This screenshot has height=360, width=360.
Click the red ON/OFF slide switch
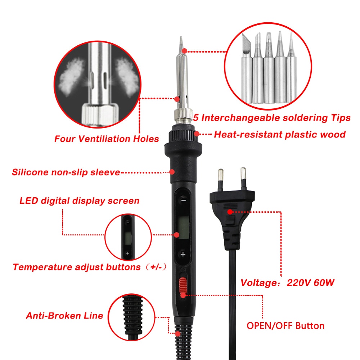(183, 285)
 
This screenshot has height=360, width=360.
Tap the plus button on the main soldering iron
(183, 254)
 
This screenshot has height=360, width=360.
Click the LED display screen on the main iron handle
(183, 227)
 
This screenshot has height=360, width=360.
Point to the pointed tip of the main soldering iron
(181, 37)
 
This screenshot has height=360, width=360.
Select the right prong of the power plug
(243, 179)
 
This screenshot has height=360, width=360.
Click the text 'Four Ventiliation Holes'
(107, 139)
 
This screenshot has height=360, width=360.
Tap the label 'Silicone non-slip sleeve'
(66, 172)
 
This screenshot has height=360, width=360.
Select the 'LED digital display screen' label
(80, 201)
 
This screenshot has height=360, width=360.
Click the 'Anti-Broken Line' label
(64, 316)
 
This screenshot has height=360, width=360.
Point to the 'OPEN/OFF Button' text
(285, 326)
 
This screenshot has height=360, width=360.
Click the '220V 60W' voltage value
(310, 283)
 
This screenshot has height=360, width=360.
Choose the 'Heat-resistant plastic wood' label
(280, 135)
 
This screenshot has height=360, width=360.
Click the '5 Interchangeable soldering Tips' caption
(272, 118)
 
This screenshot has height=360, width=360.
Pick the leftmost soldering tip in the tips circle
(247, 69)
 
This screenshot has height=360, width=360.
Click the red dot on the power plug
(230, 212)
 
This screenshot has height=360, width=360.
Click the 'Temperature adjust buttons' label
(77, 267)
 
